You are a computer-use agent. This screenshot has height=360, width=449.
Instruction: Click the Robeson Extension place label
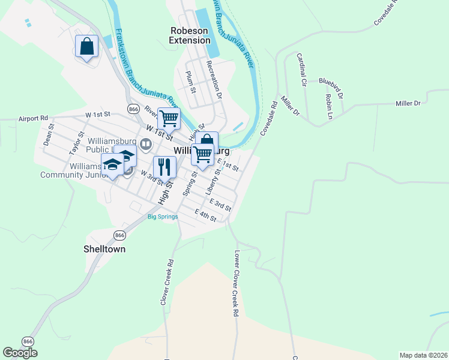(x=190, y=35)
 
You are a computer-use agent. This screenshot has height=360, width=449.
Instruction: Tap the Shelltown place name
(x=104, y=248)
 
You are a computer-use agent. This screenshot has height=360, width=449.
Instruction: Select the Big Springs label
(x=163, y=217)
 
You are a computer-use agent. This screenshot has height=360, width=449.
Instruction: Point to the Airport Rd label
(x=33, y=119)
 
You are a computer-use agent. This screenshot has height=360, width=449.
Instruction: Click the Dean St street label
(x=49, y=134)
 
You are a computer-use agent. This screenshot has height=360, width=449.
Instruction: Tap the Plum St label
(x=191, y=82)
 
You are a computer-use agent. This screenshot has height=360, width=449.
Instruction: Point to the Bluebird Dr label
(x=331, y=88)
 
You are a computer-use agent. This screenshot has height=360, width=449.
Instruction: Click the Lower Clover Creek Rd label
(x=237, y=283)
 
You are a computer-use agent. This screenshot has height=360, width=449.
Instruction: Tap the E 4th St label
(x=205, y=215)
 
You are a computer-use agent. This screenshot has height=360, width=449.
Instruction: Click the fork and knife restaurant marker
(x=164, y=166)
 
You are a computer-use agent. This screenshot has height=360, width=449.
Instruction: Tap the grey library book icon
(x=145, y=144)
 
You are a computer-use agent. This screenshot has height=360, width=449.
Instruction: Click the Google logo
(x=20, y=353)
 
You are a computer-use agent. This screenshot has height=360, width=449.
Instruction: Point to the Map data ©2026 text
(x=423, y=355)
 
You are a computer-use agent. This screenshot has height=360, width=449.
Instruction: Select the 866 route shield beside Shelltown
(x=119, y=235)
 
